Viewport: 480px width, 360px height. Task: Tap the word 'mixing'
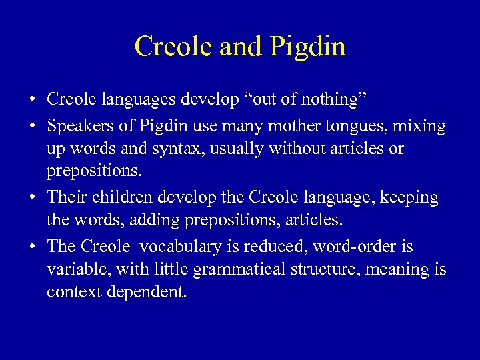coord(421,125)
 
